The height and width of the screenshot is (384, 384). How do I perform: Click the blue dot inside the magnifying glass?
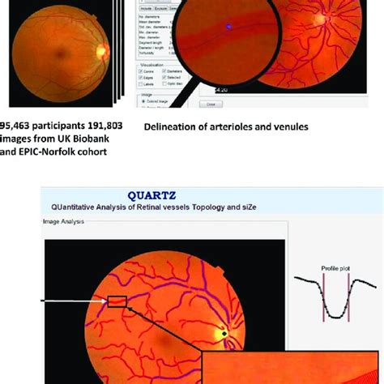(x=228, y=27)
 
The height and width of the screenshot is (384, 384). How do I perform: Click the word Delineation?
(x=172, y=126)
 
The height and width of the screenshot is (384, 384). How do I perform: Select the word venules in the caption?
(x=288, y=126)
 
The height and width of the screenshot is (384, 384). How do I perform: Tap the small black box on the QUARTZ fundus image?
(x=117, y=302)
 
